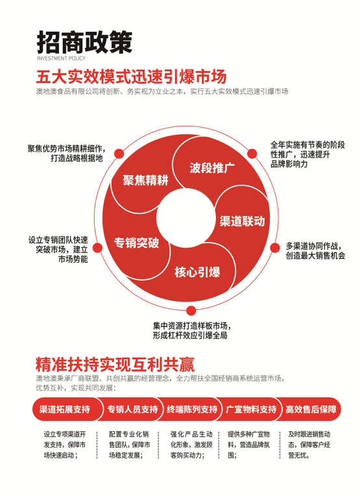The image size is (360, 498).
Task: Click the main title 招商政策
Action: pos(84,42)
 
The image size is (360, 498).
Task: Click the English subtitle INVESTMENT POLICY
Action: pos(62,58)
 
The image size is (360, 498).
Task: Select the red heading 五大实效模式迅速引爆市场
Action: pos(131,77)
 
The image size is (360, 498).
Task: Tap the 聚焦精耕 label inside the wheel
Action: pos(145,180)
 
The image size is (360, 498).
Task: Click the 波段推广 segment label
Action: pos(212,168)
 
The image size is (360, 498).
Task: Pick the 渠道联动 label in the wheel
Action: pos(242,221)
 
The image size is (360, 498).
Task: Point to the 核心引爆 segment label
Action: pos(197,272)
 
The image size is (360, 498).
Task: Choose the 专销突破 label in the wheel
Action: pos(137,243)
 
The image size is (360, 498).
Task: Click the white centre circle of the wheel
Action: pos(186,218)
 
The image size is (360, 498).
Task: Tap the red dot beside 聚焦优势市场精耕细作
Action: pos(119,154)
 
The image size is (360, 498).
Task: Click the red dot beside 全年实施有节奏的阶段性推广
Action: pos(252,154)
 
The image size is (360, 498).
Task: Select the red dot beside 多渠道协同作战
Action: pos(275,248)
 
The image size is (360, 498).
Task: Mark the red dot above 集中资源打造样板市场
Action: pos(191,311)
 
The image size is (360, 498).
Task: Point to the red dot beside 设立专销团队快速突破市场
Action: pos(97,248)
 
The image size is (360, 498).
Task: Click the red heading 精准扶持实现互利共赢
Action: pos(115,364)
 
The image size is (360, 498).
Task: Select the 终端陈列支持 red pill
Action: pos(191,409)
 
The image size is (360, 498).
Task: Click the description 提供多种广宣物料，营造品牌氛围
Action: pos(249,445)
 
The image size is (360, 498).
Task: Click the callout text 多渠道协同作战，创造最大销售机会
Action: pos(315,251)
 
